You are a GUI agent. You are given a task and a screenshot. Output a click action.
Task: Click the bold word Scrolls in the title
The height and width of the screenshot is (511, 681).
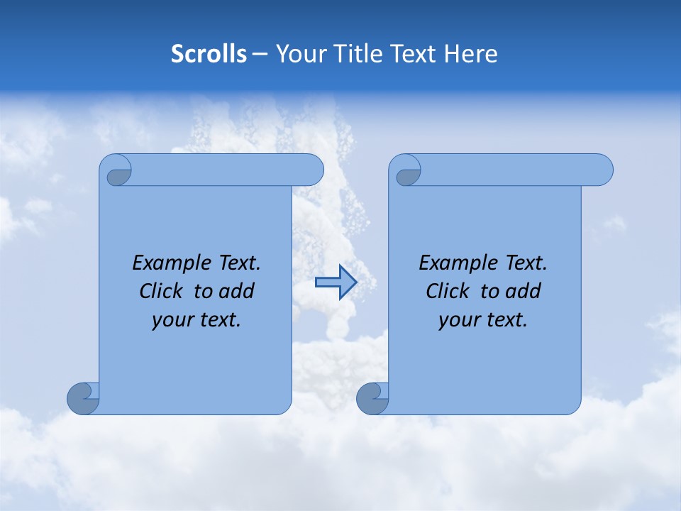pyautogui.click(x=209, y=53)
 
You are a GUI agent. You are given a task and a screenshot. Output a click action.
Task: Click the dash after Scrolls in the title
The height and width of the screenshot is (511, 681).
pyautogui.click(x=260, y=53)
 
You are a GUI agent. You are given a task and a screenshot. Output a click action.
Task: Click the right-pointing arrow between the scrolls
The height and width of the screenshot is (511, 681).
pyautogui.click(x=336, y=282)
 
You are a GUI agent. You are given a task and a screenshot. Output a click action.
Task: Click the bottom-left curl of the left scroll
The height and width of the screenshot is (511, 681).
pyautogui.click(x=84, y=397)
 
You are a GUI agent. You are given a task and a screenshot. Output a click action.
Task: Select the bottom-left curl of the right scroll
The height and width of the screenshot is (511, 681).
pyautogui.click(x=373, y=397)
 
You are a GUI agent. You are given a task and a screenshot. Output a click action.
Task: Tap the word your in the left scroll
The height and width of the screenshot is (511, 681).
pyautogui.click(x=172, y=319)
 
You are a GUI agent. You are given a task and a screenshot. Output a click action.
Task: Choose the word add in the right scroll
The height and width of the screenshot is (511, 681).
pyautogui.click(x=524, y=291)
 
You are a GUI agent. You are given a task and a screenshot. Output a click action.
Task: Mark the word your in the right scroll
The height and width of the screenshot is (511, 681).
pyautogui.click(x=459, y=319)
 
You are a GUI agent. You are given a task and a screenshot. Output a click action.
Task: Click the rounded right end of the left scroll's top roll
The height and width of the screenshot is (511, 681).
pyautogui.click(x=312, y=170)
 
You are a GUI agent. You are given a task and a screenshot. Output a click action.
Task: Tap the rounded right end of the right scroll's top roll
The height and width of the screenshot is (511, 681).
pyautogui.click(x=602, y=170)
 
